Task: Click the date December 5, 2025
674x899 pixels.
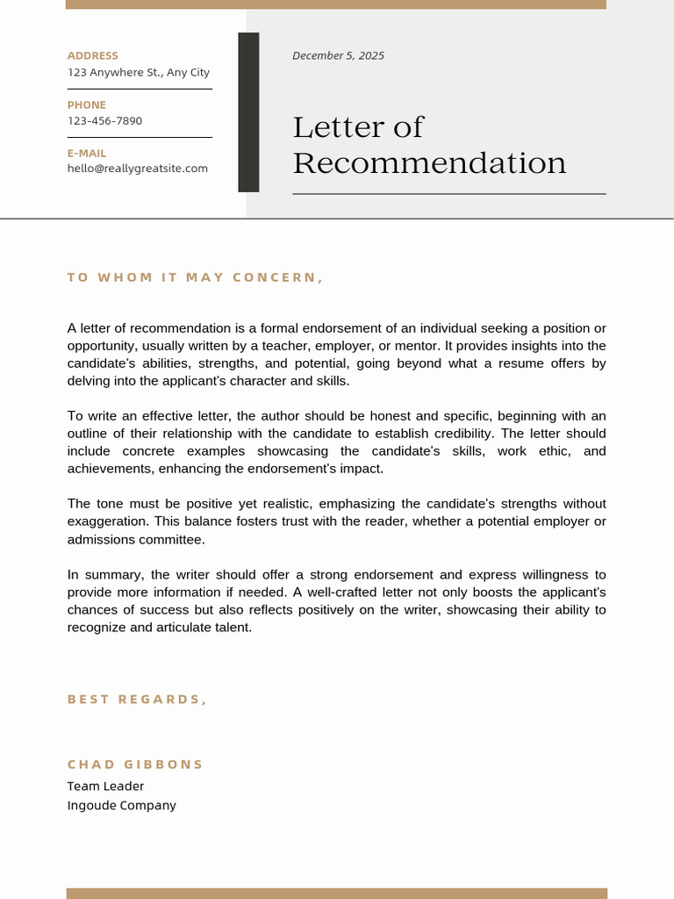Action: click(338, 56)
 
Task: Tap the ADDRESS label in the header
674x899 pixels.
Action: click(92, 56)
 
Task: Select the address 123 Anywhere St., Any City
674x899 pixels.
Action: click(139, 73)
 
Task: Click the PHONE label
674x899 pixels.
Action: click(86, 105)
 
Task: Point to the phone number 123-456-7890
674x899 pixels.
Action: click(104, 121)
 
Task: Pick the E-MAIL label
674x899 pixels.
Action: click(87, 154)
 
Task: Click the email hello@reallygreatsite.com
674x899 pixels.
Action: click(138, 169)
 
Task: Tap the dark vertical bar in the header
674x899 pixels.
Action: click(248, 112)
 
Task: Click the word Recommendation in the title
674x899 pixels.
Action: click(429, 163)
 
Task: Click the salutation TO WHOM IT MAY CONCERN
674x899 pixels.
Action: click(195, 278)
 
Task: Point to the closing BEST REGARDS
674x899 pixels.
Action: click(137, 700)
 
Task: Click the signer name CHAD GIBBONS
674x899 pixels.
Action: click(135, 765)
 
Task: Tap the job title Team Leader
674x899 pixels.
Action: click(105, 787)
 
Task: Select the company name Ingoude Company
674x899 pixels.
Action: click(121, 806)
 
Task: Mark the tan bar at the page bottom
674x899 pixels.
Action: click(336, 893)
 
